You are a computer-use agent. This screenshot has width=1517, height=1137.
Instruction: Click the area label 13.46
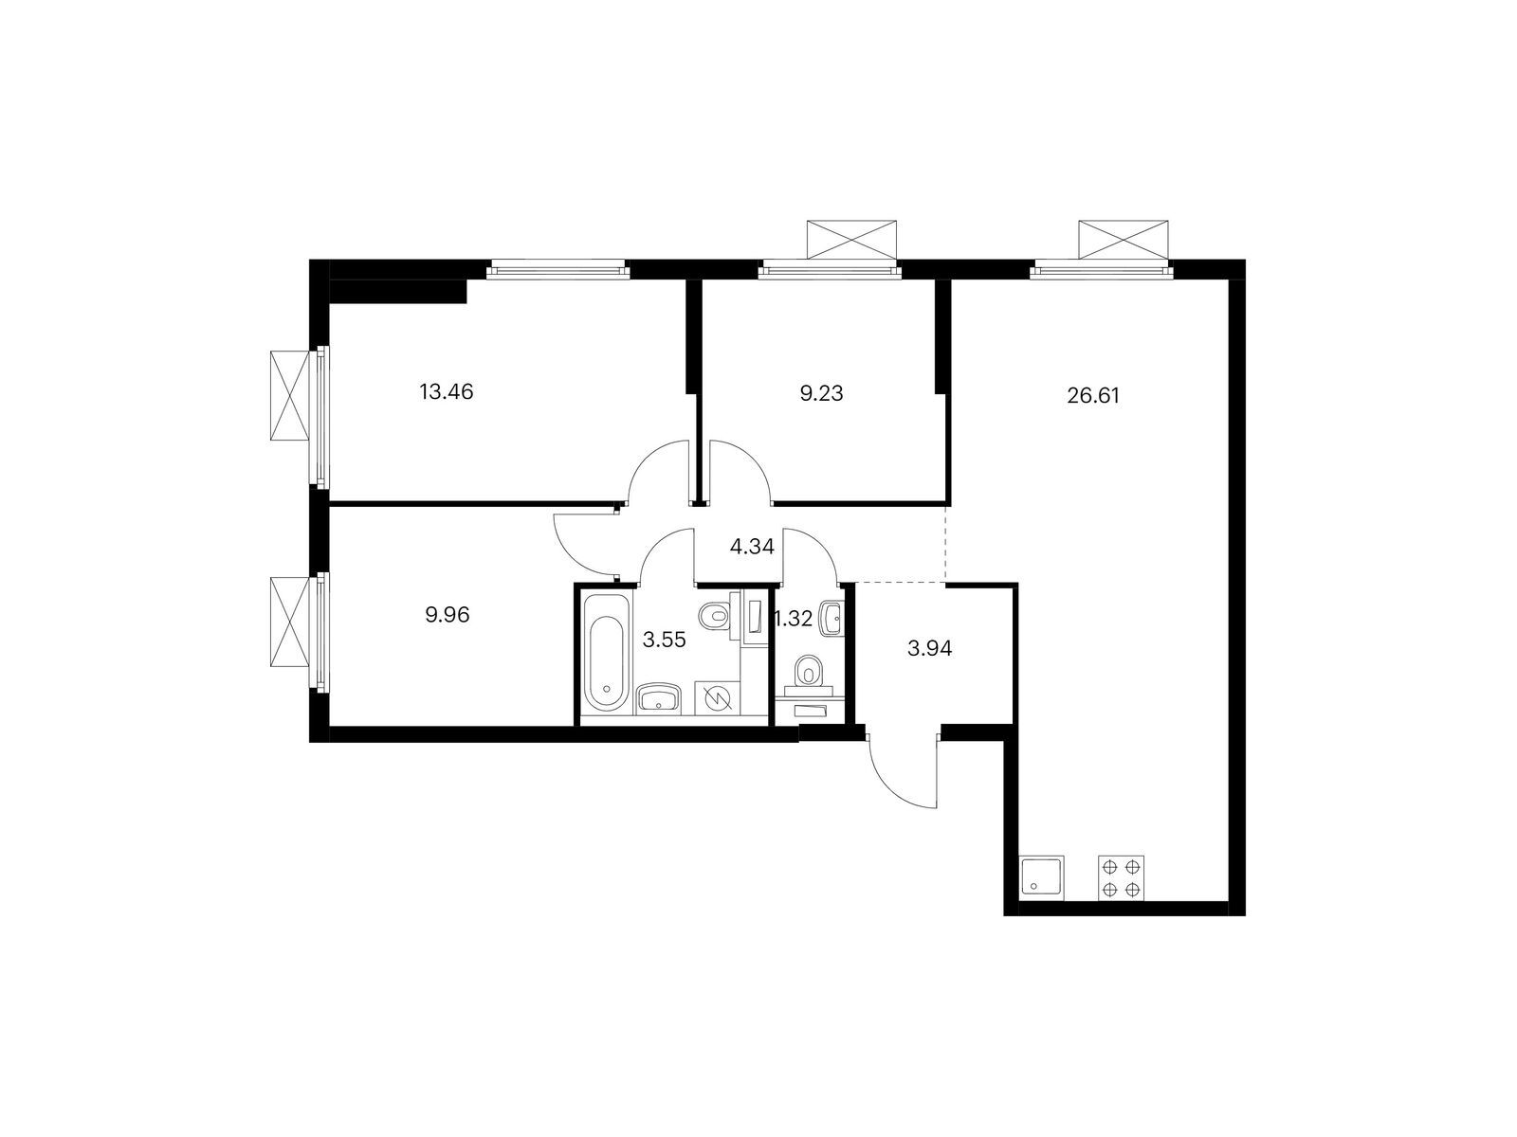coord(446,391)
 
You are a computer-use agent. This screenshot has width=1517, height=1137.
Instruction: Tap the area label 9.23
coord(821,394)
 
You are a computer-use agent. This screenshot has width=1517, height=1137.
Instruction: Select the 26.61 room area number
coord(1093,396)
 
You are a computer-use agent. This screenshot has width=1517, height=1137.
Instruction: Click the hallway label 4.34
coord(752,547)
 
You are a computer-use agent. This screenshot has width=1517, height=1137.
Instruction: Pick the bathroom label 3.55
coord(663,640)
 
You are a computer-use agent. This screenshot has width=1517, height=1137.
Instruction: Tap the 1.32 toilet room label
coord(795,620)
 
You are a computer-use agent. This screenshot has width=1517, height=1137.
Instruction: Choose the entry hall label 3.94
coord(929,649)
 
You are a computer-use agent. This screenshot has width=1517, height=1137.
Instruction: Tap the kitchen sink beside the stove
coord(1042,877)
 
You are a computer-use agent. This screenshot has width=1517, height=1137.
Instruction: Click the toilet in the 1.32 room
coord(809,672)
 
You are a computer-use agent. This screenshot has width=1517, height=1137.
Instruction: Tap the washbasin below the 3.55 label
coord(657,699)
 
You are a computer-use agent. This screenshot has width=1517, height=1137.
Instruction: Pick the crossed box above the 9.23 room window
coord(850,239)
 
